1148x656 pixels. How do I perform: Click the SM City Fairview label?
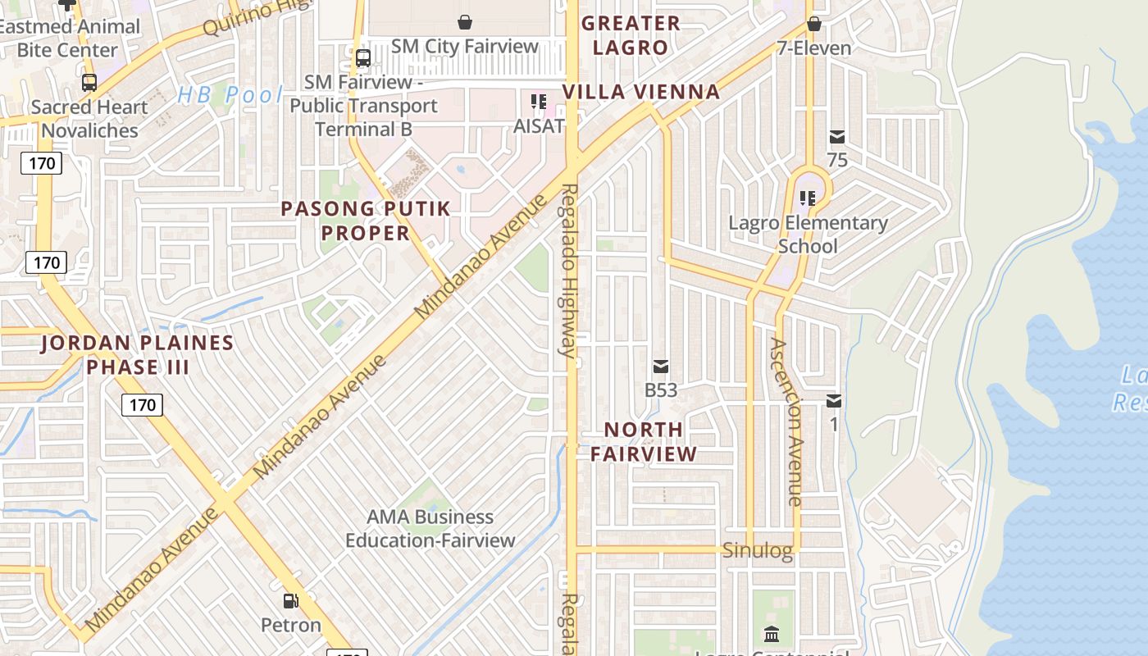pyautogui.click(x=465, y=47)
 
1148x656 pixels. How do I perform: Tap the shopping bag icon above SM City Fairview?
pyautogui.click(x=465, y=22)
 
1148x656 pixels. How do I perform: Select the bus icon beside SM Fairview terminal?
pyautogui.click(x=362, y=58)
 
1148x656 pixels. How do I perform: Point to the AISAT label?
pyautogui.click(x=539, y=126)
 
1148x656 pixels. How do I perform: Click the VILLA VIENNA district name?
pyautogui.click(x=641, y=92)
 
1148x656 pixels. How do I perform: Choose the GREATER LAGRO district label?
pyautogui.click(x=631, y=35)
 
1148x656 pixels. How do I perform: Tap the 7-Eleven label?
pyautogui.click(x=814, y=48)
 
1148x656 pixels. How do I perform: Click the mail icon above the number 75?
pyautogui.click(x=837, y=137)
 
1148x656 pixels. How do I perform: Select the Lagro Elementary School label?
pyautogui.click(x=808, y=235)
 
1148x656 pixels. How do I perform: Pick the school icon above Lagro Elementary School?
pyautogui.click(x=808, y=198)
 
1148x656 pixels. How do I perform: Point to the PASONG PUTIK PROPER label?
pyautogui.click(x=366, y=221)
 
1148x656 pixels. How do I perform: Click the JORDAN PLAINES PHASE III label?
pyautogui.click(x=138, y=355)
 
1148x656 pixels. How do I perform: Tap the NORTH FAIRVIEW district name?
pyautogui.click(x=644, y=441)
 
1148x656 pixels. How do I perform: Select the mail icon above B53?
pyautogui.click(x=661, y=367)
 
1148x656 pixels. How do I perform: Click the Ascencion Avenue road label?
pyautogui.click(x=785, y=422)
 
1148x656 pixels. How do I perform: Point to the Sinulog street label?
pyautogui.click(x=758, y=551)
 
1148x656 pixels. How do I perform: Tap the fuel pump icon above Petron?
pyautogui.click(x=290, y=601)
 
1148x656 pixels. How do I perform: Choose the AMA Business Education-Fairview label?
pyautogui.click(x=430, y=529)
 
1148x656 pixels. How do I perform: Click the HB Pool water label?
pyautogui.click(x=230, y=95)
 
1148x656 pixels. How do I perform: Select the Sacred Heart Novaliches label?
pyautogui.click(x=89, y=119)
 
